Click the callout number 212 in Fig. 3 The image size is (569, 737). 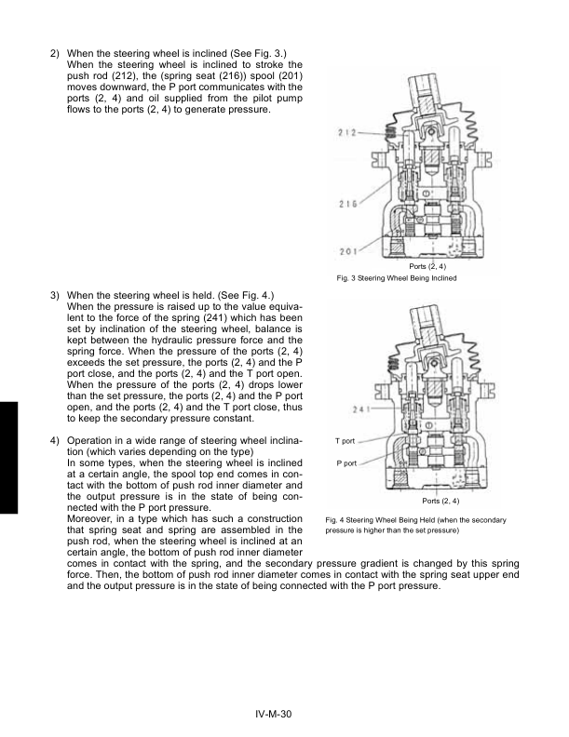tap(345, 131)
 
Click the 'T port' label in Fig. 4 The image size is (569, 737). tap(345, 439)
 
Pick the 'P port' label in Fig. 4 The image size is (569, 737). tap(345, 462)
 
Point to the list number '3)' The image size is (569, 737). tap(55, 293)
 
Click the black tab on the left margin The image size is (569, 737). tap(8, 457)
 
